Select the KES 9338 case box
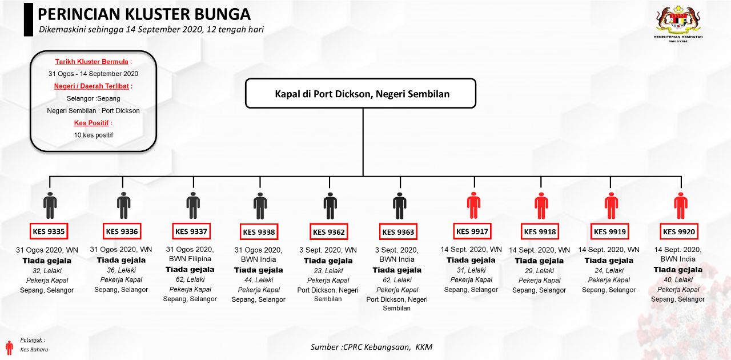point(259,232)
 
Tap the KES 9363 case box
point(397,232)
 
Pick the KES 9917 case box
point(472,231)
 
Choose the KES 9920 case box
point(678,232)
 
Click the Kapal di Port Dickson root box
point(360,94)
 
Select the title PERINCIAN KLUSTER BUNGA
point(144,15)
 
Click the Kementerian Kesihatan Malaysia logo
point(678,26)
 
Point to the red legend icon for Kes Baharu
point(9,347)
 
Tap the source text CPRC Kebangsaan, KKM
point(371,347)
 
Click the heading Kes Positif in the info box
point(93,123)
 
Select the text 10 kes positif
point(93,135)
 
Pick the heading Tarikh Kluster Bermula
point(93,62)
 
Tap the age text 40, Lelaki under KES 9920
point(678,279)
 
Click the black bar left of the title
point(28,19)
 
